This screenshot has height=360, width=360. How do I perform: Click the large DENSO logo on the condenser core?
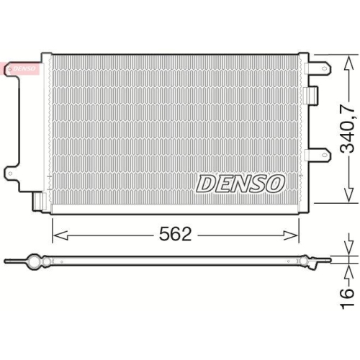[x=240, y=184]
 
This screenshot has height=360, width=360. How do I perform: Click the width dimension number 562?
[x=175, y=235]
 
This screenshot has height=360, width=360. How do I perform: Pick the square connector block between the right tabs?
[x=311, y=94]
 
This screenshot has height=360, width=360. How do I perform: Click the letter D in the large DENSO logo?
[x=206, y=184]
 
